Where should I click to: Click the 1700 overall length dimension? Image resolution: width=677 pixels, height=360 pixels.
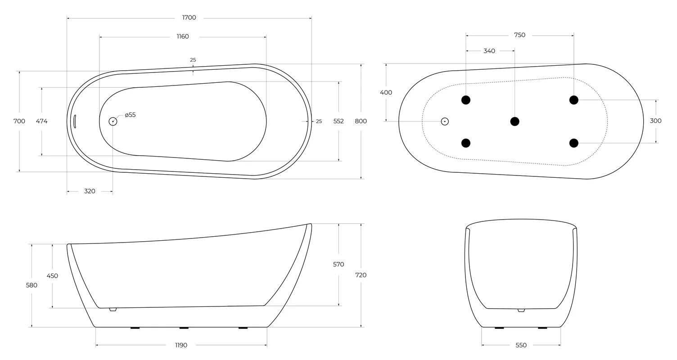point(189,18)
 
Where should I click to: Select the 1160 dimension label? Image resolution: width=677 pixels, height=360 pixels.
point(183,36)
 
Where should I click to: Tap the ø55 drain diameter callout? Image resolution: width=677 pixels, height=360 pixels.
point(130,115)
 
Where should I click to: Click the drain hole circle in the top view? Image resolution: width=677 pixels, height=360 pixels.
point(113,121)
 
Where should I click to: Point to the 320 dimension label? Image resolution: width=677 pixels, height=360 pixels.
point(90,191)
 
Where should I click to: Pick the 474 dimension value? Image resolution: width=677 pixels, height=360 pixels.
point(42,121)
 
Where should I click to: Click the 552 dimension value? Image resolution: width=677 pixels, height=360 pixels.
point(338,121)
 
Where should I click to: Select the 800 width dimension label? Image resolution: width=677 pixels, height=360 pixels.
point(361,121)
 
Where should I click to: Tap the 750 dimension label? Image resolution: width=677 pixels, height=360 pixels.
point(520,35)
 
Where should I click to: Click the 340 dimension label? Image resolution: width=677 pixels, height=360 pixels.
point(489,51)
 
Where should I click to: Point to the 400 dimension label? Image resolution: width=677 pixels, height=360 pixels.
point(386,93)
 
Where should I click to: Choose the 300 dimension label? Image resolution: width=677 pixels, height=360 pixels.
point(655,121)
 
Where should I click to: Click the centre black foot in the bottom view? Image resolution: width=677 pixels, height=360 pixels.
point(515,121)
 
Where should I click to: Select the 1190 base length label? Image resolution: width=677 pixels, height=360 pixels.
point(181,345)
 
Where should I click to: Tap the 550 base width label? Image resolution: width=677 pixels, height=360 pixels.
point(521,345)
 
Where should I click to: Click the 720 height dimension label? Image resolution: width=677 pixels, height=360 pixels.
point(361,275)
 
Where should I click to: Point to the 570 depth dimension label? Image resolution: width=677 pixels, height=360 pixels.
point(338,265)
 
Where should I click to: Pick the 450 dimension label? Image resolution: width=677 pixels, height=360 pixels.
point(52,276)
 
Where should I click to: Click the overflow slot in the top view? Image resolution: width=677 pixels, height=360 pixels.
point(75,121)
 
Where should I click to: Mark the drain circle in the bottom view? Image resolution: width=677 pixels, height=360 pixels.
point(445,121)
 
